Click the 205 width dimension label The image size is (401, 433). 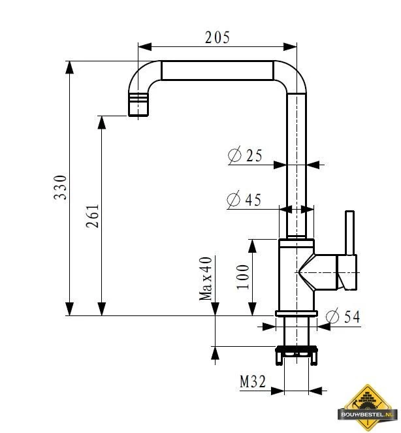(x=217, y=37)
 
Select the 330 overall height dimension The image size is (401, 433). (x=60, y=187)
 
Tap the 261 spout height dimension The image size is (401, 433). (x=92, y=216)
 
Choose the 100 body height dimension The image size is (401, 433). (x=243, y=277)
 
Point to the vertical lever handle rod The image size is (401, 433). (x=350, y=232)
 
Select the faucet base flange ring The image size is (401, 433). (x=296, y=314)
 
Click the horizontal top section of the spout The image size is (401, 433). (x=216, y=71)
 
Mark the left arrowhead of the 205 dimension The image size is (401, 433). (x=143, y=46)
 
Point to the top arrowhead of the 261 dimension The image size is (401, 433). (x=101, y=121)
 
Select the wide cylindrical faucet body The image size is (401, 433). (x=296, y=274)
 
